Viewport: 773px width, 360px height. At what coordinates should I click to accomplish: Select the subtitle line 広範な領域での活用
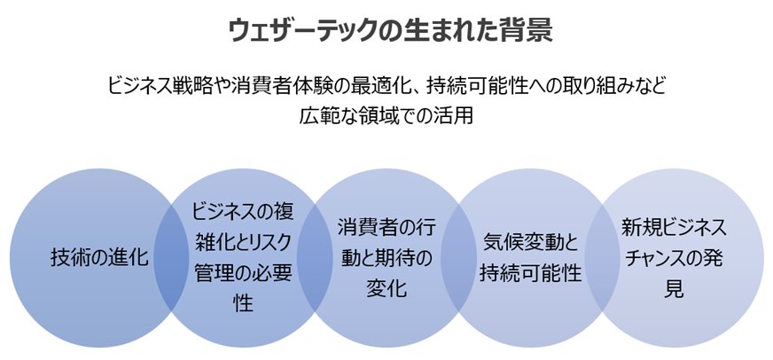386,115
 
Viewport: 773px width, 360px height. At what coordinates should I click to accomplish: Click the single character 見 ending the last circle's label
675,289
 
